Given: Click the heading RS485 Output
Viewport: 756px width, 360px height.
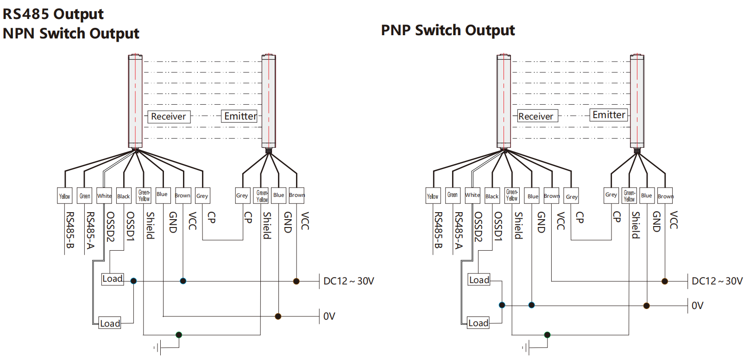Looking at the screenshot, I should pyautogui.click(x=53, y=14).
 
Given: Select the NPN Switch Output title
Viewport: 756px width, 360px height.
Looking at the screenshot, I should pyautogui.click(x=71, y=33).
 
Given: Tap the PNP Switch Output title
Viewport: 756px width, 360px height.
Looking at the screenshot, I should pyautogui.click(x=447, y=30).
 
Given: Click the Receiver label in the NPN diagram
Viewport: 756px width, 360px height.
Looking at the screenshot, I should pyautogui.click(x=168, y=116).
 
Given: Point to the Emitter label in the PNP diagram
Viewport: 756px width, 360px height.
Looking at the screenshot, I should pyautogui.click(x=609, y=115).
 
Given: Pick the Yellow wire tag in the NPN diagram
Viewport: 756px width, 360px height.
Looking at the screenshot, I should pyautogui.click(x=65, y=196).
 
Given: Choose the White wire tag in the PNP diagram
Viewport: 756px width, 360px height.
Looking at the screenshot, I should pyautogui.click(x=472, y=195).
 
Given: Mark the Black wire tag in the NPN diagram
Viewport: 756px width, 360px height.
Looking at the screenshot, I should pyautogui.click(x=124, y=196).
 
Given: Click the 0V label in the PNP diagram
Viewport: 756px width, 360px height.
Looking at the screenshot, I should pyautogui.click(x=697, y=306).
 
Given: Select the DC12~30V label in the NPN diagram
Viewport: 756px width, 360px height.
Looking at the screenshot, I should pyautogui.click(x=348, y=281).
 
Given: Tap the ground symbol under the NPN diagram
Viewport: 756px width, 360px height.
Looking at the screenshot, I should pyautogui.click(x=157, y=347).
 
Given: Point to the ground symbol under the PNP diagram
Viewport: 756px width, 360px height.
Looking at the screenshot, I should pyautogui.click(x=526, y=347).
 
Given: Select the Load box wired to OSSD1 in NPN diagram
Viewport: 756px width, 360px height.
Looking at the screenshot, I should pyautogui.click(x=113, y=279).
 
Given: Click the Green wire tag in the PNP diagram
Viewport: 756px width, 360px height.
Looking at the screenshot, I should pyautogui.click(x=453, y=195).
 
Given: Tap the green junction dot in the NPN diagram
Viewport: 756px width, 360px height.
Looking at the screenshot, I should pyautogui.click(x=179, y=335).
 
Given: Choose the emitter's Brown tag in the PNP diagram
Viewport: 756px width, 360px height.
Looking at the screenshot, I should pyautogui.click(x=665, y=196).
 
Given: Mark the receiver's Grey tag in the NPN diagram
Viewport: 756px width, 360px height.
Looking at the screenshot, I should pyautogui.click(x=202, y=196).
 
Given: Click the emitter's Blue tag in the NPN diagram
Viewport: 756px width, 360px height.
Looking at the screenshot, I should pyautogui.click(x=278, y=195).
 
